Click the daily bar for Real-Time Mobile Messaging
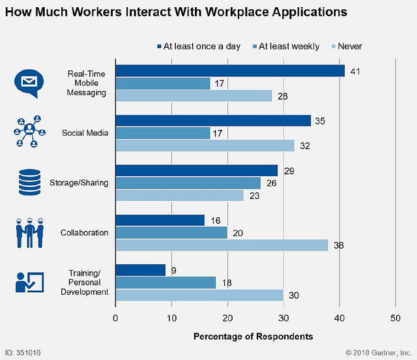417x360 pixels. point(230,70)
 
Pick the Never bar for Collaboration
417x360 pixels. point(222,245)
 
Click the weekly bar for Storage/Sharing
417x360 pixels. point(188,183)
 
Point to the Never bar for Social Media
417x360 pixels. point(205,145)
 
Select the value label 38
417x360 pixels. point(338,245)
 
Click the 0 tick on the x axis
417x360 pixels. point(115,318)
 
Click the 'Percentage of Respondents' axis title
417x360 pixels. point(253,337)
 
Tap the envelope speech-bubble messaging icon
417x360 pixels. point(29,83)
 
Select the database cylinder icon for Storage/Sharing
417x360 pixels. point(29,183)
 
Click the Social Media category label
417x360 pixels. point(85,133)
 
